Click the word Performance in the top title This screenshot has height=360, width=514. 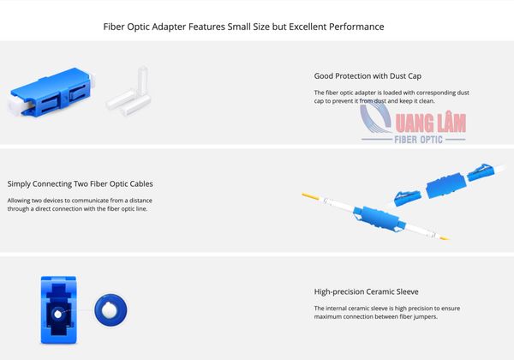(x=356, y=27)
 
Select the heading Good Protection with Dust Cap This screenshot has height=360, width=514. (x=368, y=76)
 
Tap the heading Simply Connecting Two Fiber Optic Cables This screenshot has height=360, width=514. (x=80, y=184)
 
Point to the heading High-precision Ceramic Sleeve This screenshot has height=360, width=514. (x=366, y=291)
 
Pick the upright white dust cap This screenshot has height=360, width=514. (x=142, y=81)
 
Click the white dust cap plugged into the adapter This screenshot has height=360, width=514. (x=16, y=105)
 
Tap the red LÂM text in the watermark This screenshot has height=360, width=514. (x=447, y=123)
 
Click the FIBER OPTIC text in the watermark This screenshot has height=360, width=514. (x=418, y=140)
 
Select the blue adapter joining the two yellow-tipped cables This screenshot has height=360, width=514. (x=380, y=219)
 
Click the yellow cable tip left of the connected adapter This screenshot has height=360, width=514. (x=310, y=196)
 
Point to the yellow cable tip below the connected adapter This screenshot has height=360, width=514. (x=444, y=237)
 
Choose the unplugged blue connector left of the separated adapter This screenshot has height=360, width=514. (x=407, y=198)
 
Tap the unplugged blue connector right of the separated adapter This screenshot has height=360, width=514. (x=479, y=172)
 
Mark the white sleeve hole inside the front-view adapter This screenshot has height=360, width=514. (x=57, y=314)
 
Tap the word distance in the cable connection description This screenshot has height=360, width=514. (x=141, y=201)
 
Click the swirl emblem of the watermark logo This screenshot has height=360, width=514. (x=375, y=120)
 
